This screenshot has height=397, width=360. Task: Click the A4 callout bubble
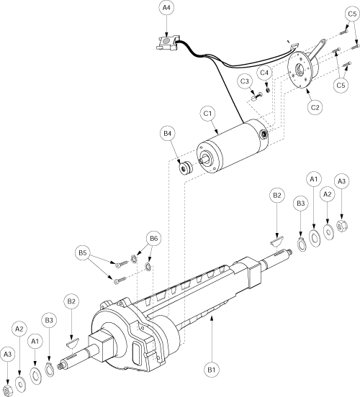166,8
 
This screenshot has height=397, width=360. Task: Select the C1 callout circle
207,114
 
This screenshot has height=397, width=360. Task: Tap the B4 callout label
167,134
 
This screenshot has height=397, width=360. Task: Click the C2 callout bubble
315,107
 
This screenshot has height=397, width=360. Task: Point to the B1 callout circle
212,370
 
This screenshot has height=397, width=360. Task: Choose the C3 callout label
245,81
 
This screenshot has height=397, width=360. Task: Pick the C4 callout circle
264,73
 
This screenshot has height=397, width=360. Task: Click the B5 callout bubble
83,252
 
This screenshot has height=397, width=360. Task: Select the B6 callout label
153,239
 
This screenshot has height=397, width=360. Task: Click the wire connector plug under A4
166,42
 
